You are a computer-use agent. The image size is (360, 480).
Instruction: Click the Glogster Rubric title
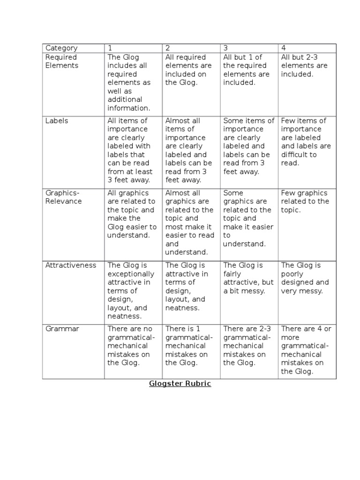pos(180,383)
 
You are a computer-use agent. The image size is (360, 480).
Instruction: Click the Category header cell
pos(61,48)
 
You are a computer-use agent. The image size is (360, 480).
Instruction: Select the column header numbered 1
pos(110,48)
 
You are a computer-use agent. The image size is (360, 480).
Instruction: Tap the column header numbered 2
pos(168,48)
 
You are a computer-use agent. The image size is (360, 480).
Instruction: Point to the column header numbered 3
pos(225,48)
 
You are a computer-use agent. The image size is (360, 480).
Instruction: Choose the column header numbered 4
pos(284,48)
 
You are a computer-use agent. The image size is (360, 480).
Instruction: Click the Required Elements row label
pos(62,61)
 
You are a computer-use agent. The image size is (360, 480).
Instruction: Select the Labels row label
pos(57,120)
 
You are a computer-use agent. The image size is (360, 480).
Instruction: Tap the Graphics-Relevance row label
pos(63,197)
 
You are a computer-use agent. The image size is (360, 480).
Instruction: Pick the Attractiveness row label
pos(70,265)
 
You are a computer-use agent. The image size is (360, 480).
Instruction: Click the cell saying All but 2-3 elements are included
pos(304,66)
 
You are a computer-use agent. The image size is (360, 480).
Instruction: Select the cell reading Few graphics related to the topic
pos(304,201)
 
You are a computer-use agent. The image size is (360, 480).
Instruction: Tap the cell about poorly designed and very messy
pos(305,278)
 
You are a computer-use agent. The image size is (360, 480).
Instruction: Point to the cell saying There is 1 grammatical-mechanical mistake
pos(189,345)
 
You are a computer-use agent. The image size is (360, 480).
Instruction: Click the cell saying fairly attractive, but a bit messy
pos(248,278)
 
